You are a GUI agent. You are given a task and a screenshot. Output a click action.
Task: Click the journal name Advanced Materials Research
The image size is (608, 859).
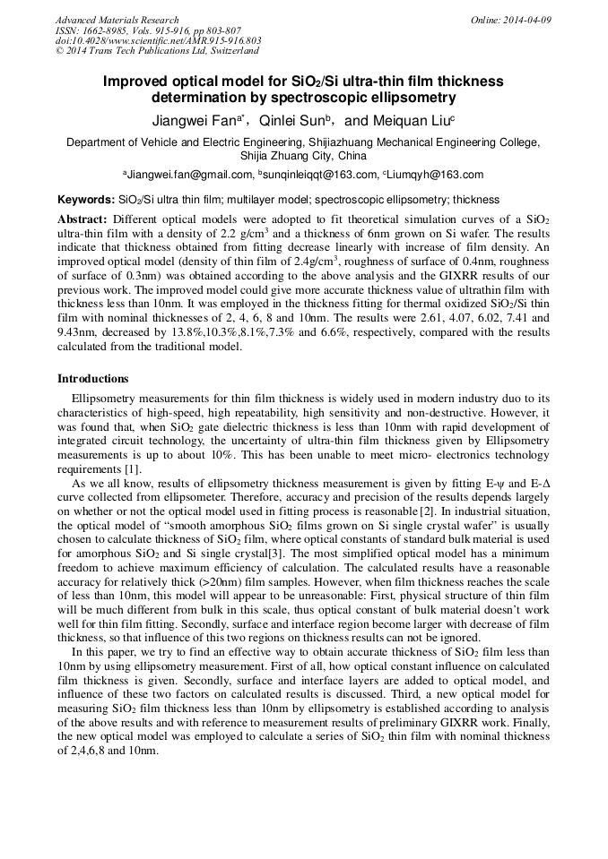[117, 20]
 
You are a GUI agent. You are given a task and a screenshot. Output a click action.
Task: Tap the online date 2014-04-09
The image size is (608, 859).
[526, 20]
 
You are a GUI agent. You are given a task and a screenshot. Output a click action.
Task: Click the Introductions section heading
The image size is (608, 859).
[92, 379]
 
